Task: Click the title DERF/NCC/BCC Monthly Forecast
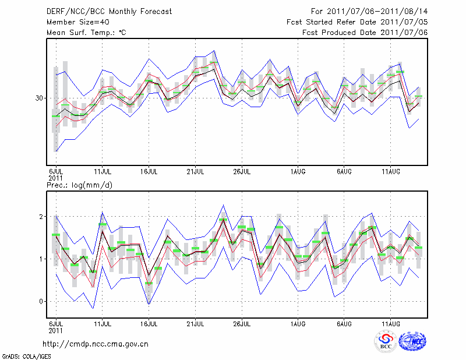(105, 12)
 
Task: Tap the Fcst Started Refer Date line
(357, 22)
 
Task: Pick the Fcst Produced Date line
(365, 33)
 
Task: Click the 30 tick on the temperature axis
(40, 98)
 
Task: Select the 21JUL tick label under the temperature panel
(195, 172)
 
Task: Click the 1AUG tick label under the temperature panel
(298, 172)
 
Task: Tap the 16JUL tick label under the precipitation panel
(149, 322)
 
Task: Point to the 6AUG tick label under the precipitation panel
(343, 322)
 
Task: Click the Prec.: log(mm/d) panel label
(79, 186)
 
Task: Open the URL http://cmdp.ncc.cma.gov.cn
(96, 344)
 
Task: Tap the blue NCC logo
(412, 343)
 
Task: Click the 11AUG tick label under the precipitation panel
(390, 322)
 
